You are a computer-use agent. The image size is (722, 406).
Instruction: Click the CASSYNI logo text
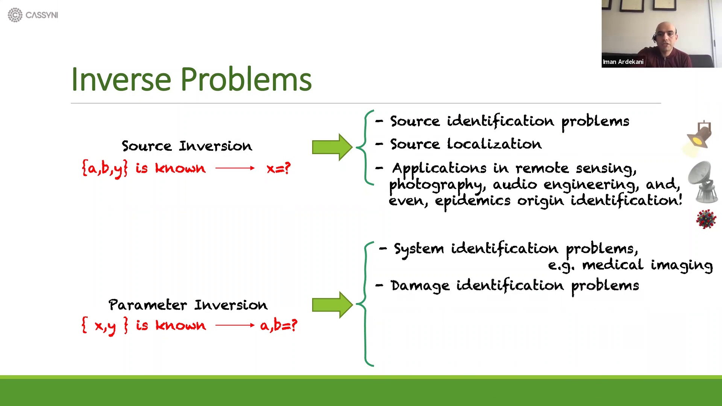(41, 15)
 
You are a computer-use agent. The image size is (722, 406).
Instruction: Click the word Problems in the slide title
(246, 79)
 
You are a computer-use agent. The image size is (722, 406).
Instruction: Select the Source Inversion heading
(187, 146)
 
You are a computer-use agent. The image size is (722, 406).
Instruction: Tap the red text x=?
(278, 168)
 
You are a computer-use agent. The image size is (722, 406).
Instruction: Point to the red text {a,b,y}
(105, 168)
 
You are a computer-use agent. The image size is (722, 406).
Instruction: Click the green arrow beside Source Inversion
(331, 147)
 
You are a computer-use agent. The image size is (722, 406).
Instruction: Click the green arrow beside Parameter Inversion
(331, 304)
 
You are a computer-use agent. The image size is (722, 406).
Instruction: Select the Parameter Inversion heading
(188, 304)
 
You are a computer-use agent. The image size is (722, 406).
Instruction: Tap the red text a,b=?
(278, 325)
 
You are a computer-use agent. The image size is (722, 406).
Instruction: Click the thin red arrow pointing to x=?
(235, 168)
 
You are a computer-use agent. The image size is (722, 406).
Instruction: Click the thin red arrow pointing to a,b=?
(235, 325)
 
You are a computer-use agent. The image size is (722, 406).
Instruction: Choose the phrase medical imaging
(647, 265)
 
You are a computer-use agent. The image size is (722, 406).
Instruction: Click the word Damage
(420, 286)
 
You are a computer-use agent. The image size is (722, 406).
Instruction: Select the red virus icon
(706, 219)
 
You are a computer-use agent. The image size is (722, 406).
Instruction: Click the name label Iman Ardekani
(623, 62)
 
